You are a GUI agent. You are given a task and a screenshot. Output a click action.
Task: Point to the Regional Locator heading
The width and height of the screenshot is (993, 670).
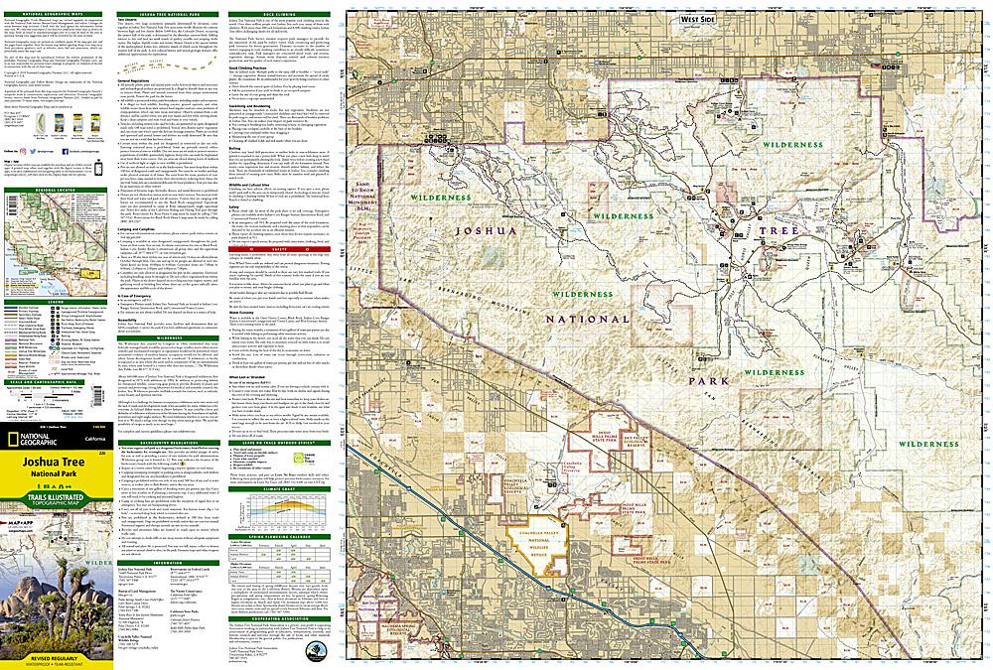click(56, 186)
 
